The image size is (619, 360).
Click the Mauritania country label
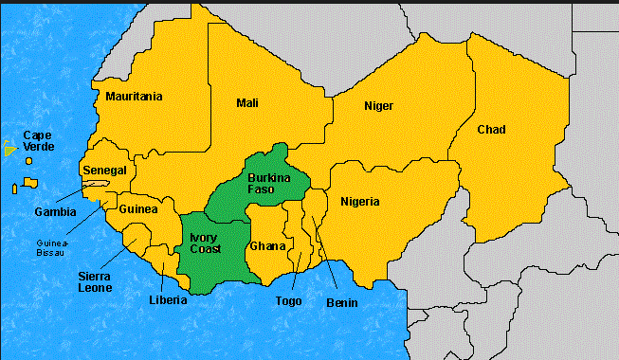tap(134, 97)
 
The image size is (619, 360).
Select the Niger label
tap(378, 105)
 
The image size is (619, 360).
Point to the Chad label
tap(491, 129)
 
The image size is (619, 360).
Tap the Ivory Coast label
tap(205, 243)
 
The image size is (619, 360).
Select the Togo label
tap(290, 301)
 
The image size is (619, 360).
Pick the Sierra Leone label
tap(95, 281)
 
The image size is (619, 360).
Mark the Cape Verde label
tap(39, 141)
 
